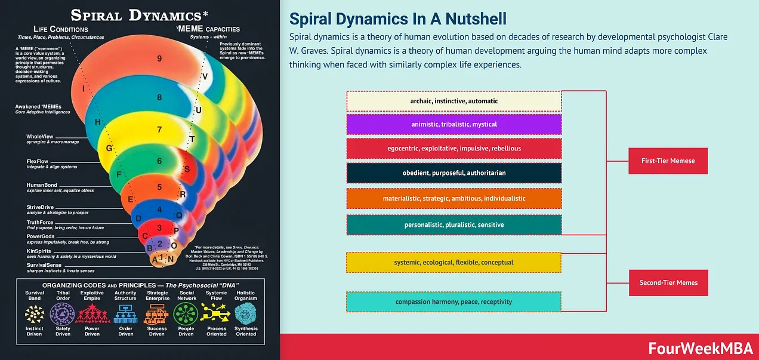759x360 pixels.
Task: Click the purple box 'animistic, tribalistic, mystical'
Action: (453, 124)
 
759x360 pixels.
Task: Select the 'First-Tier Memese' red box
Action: (668, 161)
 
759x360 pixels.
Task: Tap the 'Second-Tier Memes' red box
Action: (668, 282)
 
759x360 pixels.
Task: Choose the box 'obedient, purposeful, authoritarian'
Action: (453, 173)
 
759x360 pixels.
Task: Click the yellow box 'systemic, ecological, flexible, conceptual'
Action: (453, 262)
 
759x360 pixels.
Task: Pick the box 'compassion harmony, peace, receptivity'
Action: (453, 301)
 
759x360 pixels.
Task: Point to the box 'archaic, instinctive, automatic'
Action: (453, 101)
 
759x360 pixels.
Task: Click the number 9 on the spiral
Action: (159, 59)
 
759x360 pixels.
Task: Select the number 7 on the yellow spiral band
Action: (159, 130)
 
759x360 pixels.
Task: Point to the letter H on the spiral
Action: (97, 122)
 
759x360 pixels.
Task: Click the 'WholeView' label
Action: (39, 137)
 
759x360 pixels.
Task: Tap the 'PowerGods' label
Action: (40, 236)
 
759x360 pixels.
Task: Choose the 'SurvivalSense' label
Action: (44, 265)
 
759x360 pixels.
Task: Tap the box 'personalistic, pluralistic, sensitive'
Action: (453, 224)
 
